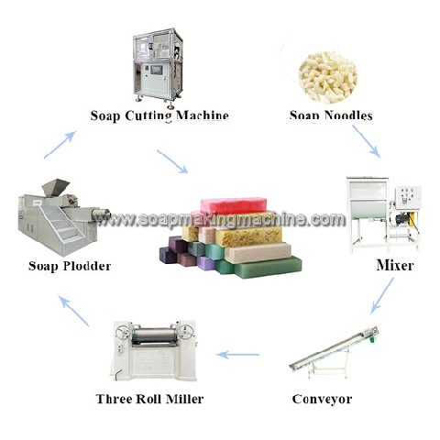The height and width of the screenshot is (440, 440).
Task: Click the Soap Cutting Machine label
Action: pos(159,116)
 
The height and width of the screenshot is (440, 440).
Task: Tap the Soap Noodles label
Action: pos(331,115)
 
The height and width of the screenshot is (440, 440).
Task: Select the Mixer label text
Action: pos(395,265)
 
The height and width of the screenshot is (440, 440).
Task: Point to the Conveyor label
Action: pos(322,399)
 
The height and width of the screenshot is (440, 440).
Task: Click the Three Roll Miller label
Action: pos(149,399)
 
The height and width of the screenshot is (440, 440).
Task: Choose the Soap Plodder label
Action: pos(70,266)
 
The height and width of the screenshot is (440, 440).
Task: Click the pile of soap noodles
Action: pos(328,77)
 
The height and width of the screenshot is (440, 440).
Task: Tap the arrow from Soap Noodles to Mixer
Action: pos(366,141)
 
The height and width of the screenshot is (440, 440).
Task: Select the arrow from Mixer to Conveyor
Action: pos(382,295)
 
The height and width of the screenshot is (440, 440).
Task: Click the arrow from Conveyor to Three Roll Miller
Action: pos(238,355)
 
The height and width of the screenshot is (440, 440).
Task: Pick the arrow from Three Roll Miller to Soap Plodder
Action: pos(73,311)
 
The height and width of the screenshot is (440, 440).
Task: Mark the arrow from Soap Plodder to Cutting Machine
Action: pos(60,145)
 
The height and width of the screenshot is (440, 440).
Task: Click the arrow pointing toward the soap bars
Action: pos(172,161)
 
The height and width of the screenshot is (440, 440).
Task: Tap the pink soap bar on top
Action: pos(234,205)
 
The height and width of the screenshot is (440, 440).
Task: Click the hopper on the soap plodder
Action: pos(55,187)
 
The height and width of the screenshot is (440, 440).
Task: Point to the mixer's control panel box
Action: pos(408,197)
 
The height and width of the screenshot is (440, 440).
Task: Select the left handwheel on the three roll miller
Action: pos(123,332)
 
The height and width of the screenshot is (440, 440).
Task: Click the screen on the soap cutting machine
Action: pos(156,70)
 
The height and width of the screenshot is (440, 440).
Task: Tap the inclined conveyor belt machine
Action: pos(335,353)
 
